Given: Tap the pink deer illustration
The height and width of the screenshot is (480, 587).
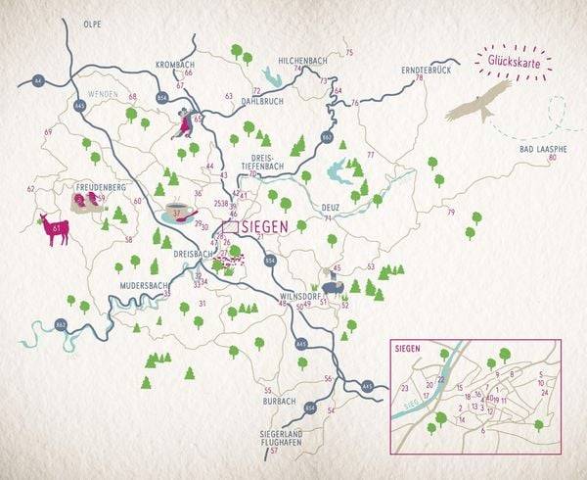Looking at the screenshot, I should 53,230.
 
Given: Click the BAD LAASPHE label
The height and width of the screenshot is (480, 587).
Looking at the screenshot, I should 538,147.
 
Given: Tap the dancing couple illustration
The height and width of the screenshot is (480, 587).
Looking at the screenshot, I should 184,124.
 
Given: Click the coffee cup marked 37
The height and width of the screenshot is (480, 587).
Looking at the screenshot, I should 177,212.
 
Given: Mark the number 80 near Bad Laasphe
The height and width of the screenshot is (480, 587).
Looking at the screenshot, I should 553,158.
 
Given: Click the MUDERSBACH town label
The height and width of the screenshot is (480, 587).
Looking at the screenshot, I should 137,284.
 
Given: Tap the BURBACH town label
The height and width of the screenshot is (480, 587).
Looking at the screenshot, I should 279,401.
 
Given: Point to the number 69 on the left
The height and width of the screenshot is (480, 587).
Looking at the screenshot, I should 48,131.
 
